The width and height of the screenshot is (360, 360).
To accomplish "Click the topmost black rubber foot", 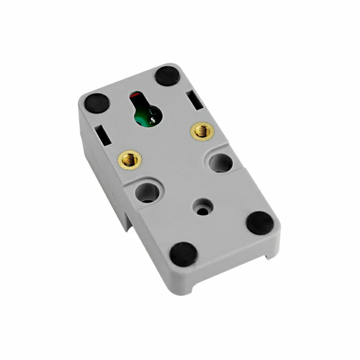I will click(168, 75).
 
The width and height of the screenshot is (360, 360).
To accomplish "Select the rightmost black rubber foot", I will click(260, 222).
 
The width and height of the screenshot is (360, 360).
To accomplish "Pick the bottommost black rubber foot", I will click(184, 254).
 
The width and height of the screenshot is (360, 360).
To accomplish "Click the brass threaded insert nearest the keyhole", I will click(202, 131).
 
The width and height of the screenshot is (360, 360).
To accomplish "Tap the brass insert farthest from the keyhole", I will click(127, 158).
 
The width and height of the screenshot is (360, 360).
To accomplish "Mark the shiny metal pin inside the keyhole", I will click(153, 120).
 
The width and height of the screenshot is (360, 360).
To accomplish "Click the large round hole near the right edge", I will click(220, 162).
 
